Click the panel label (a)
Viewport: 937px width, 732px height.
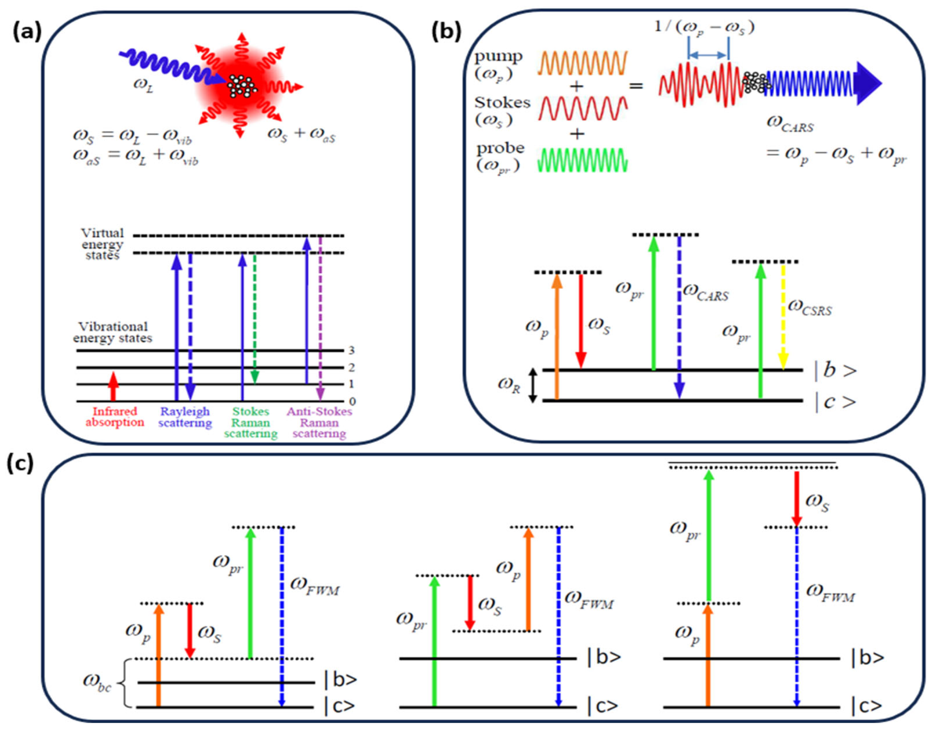pos(27,32)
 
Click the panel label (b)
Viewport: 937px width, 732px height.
pos(446,32)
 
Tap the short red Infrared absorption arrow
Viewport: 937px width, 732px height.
pos(113,386)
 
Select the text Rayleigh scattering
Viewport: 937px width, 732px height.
pos(185,417)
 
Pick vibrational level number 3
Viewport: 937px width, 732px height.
pos(351,351)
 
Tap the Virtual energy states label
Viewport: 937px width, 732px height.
pos(103,244)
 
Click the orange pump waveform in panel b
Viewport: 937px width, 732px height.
pos(582,63)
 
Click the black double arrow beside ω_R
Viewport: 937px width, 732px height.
pos(532,385)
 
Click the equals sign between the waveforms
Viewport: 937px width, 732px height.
pos(636,86)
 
